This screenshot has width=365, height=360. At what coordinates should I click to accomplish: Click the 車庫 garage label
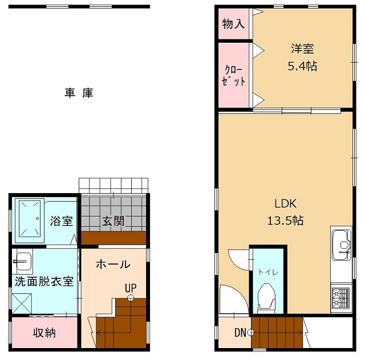point(79,93)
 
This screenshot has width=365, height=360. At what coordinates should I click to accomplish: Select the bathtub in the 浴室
point(29,218)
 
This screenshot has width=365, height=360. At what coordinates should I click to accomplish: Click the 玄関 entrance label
point(113,221)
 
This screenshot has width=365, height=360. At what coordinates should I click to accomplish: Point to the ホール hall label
point(113,264)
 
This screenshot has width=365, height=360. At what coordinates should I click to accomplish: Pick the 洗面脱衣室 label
point(44,281)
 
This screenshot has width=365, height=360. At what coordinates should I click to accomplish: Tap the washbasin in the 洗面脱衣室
point(23,262)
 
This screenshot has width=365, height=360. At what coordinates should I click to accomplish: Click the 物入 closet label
point(234,24)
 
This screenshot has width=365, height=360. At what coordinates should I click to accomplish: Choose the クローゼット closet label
point(234,76)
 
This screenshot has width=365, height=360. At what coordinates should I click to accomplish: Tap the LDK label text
point(286,204)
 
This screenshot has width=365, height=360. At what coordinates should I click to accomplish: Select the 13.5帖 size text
point(286,220)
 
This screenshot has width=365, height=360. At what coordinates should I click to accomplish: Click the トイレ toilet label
point(266,272)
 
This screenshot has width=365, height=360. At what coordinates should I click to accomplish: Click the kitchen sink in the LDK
point(341,243)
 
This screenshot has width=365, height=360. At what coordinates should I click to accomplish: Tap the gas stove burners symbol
point(340,298)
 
